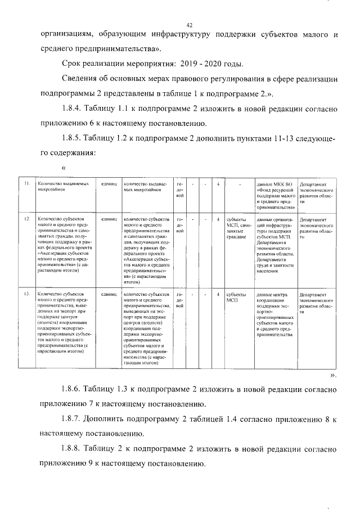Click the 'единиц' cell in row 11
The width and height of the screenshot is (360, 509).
(x=109, y=184)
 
